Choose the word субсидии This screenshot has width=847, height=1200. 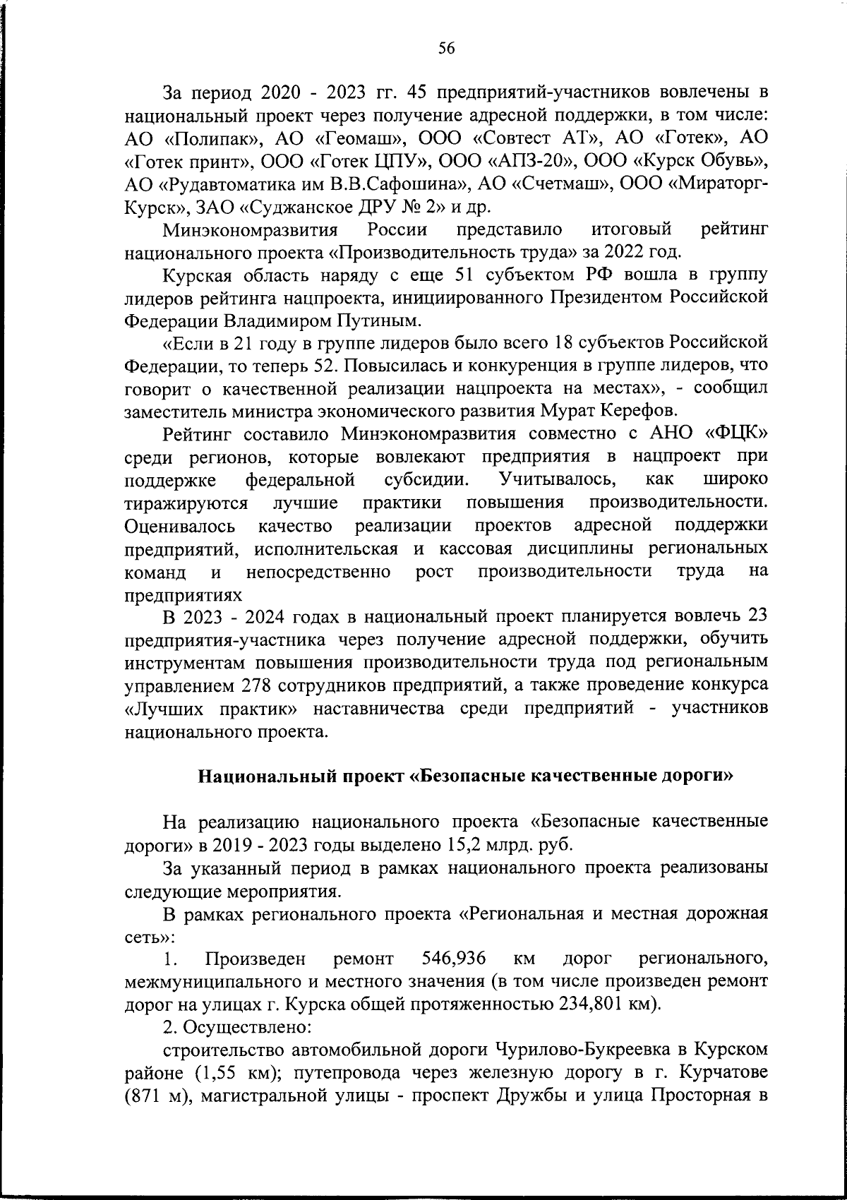[x=426, y=479]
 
